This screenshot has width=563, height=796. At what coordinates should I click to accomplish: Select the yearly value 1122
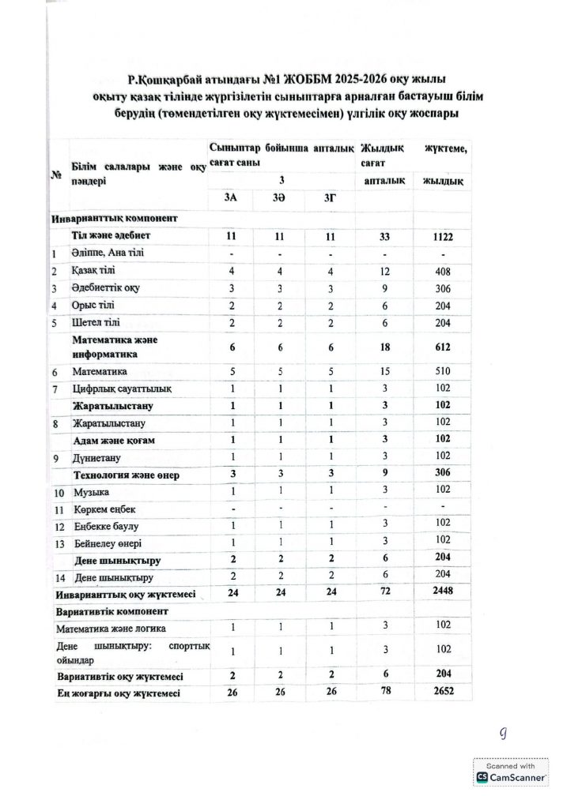click(442, 236)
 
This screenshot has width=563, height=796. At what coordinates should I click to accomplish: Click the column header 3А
click(231, 201)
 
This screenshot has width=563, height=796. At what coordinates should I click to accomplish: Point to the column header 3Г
click(330, 201)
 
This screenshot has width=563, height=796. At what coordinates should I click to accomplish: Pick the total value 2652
click(442, 693)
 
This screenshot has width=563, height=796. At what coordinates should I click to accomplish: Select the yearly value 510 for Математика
click(442, 370)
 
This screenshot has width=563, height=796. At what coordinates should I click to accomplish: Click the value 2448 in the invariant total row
click(442, 592)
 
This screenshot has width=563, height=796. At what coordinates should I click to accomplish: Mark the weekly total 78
click(384, 693)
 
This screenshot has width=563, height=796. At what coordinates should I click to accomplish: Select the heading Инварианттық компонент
click(114, 217)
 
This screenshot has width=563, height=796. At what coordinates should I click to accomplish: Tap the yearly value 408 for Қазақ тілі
click(442, 270)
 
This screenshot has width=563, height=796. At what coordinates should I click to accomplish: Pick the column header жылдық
click(443, 181)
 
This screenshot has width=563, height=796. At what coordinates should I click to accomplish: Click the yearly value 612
click(442, 347)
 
